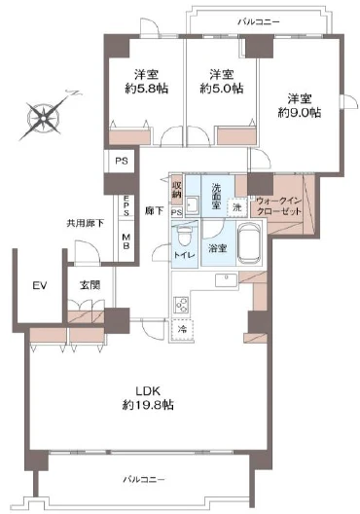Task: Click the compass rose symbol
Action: point(44,117)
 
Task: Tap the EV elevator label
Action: point(40,285)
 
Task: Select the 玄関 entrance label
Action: point(90,285)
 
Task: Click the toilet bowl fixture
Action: point(184,238)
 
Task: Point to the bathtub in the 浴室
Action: point(250,243)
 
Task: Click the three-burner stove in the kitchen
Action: point(181,306)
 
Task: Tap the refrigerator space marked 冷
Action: point(183,329)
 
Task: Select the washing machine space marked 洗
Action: point(237,207)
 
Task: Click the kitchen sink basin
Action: point(226,280)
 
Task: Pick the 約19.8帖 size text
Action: point(148,405)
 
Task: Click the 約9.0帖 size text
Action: point(300,113)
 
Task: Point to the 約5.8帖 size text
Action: point(146,89)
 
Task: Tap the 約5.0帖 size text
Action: point(222,89)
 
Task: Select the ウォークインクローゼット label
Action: point(279,205)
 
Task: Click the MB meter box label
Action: point(126,241)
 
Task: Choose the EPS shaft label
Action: point(126,205)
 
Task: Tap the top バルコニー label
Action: point(259,22)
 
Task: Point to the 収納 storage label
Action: point(176,190)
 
